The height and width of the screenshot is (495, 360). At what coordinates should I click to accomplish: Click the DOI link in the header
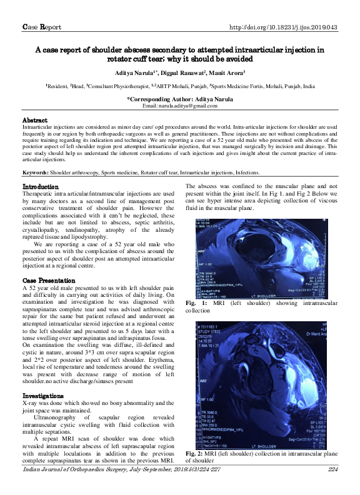click(284, 27)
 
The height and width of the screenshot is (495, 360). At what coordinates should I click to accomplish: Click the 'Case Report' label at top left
click(42, 27)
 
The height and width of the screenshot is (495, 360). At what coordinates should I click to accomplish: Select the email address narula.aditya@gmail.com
click(180, 106)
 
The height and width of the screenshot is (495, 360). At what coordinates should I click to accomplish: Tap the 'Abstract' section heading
click(35, 119)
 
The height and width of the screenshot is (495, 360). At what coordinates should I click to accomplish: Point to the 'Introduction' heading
click(41, 187)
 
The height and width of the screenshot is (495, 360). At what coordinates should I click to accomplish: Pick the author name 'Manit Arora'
click(223, 74)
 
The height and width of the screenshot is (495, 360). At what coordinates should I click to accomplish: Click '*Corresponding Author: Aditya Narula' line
click(180, 99)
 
